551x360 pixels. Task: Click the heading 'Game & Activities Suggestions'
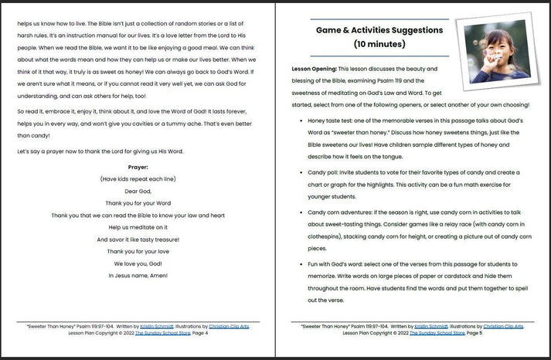pyautogui.click(x=379, y=30)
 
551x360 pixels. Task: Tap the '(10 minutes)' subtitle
pyautogui.click(x=379, y=45)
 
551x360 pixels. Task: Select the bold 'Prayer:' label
pyautogui.click(x=138, y=167)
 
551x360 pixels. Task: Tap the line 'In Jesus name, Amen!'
pyautogui.click(x=138, y=276)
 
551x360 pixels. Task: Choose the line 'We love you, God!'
pyautogui.click(x=138, y=263)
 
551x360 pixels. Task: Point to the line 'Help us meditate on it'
pyautogui.click(x=138, y=227)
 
